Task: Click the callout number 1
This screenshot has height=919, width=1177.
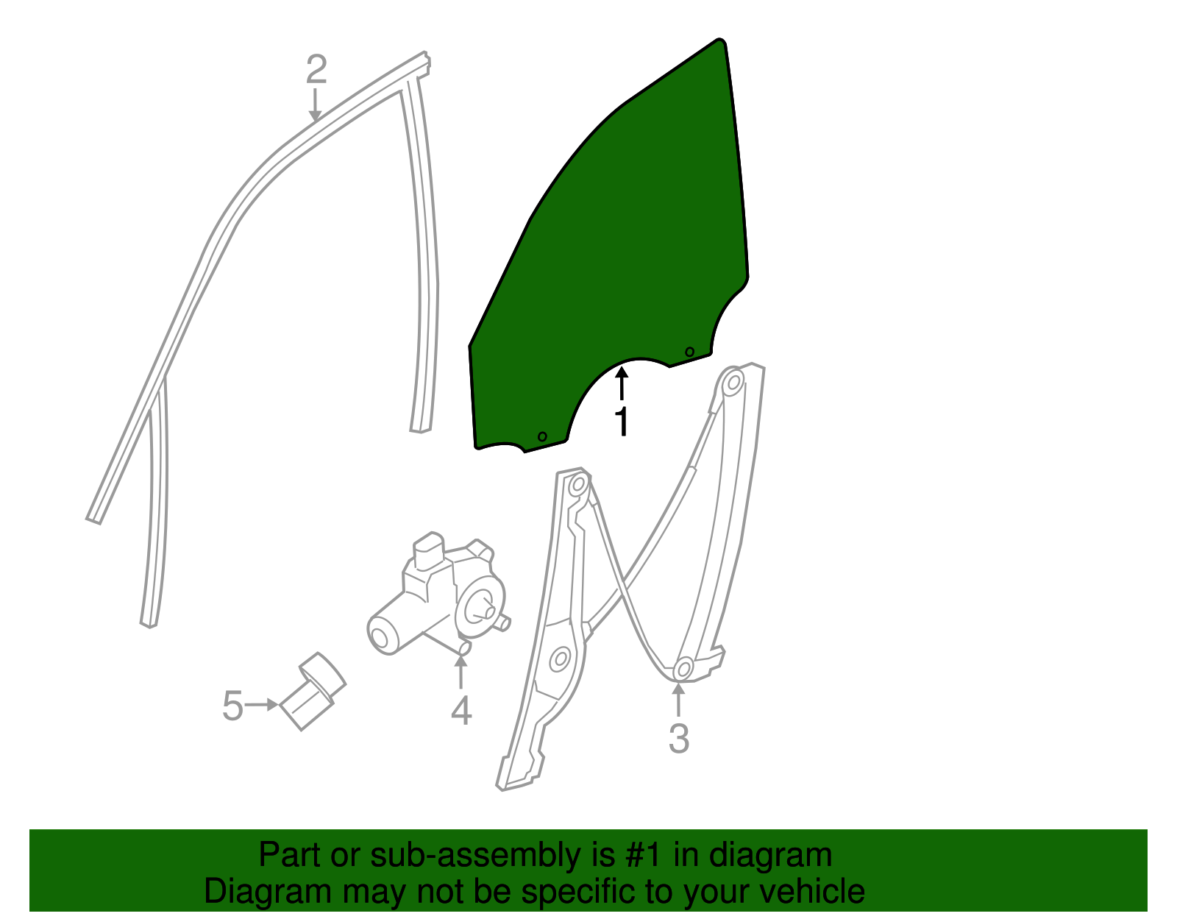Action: [622, 422]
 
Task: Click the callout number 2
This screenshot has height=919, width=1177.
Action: [316, 68]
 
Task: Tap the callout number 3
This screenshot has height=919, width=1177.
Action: [679, 738]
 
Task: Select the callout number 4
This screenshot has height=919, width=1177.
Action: [461, 711]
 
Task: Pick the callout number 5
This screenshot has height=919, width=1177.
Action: [233, 706]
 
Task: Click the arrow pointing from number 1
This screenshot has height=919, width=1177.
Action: [622, 383]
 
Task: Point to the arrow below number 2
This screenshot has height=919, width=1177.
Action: [315, 104]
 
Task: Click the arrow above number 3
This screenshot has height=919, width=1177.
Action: [678, 700]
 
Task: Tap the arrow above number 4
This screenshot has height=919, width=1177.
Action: [461, 672]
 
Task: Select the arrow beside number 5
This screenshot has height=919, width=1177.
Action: [262, 705]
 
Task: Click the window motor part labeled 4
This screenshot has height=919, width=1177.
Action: [438, 596]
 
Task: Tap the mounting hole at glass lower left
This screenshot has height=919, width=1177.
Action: [542, 436]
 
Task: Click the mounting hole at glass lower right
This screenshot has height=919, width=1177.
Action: [689, 352]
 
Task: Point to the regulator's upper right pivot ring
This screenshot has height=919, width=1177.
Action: [734, 383]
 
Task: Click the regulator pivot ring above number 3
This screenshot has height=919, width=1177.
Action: [683, 667]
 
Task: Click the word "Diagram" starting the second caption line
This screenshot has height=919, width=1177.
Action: [268, 891]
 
